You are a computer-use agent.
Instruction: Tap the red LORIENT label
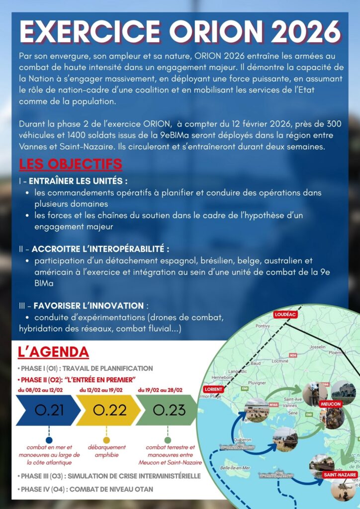(x=213, y=389)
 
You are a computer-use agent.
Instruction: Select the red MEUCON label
(x=331, y=404)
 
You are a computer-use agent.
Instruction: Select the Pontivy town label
(x=262, y=326)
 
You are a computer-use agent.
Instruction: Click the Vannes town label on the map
(x=289, y=406)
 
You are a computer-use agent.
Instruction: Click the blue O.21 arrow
(x=49, y=410)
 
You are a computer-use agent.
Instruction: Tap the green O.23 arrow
(x=168, y=410)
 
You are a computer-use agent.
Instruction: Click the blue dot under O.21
(x=49, y=440)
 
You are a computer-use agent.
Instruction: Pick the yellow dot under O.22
(x=106, y=440)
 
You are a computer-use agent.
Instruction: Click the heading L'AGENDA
(x=53, y=352)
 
